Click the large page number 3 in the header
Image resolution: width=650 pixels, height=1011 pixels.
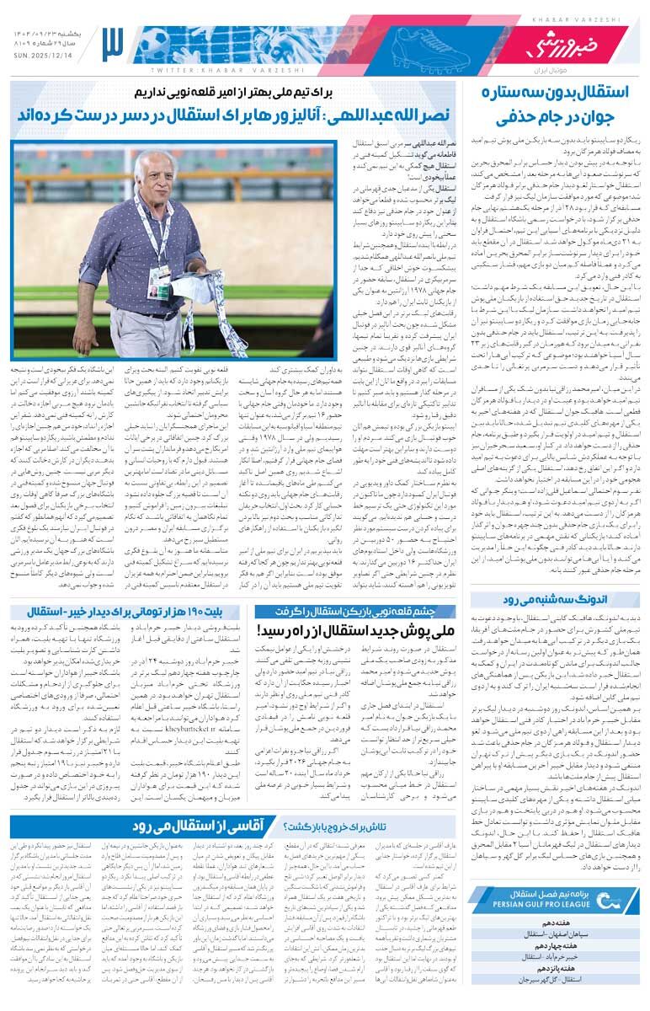click(113, 45)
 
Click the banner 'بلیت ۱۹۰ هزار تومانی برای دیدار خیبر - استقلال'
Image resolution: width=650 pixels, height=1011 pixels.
click(126, 612)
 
